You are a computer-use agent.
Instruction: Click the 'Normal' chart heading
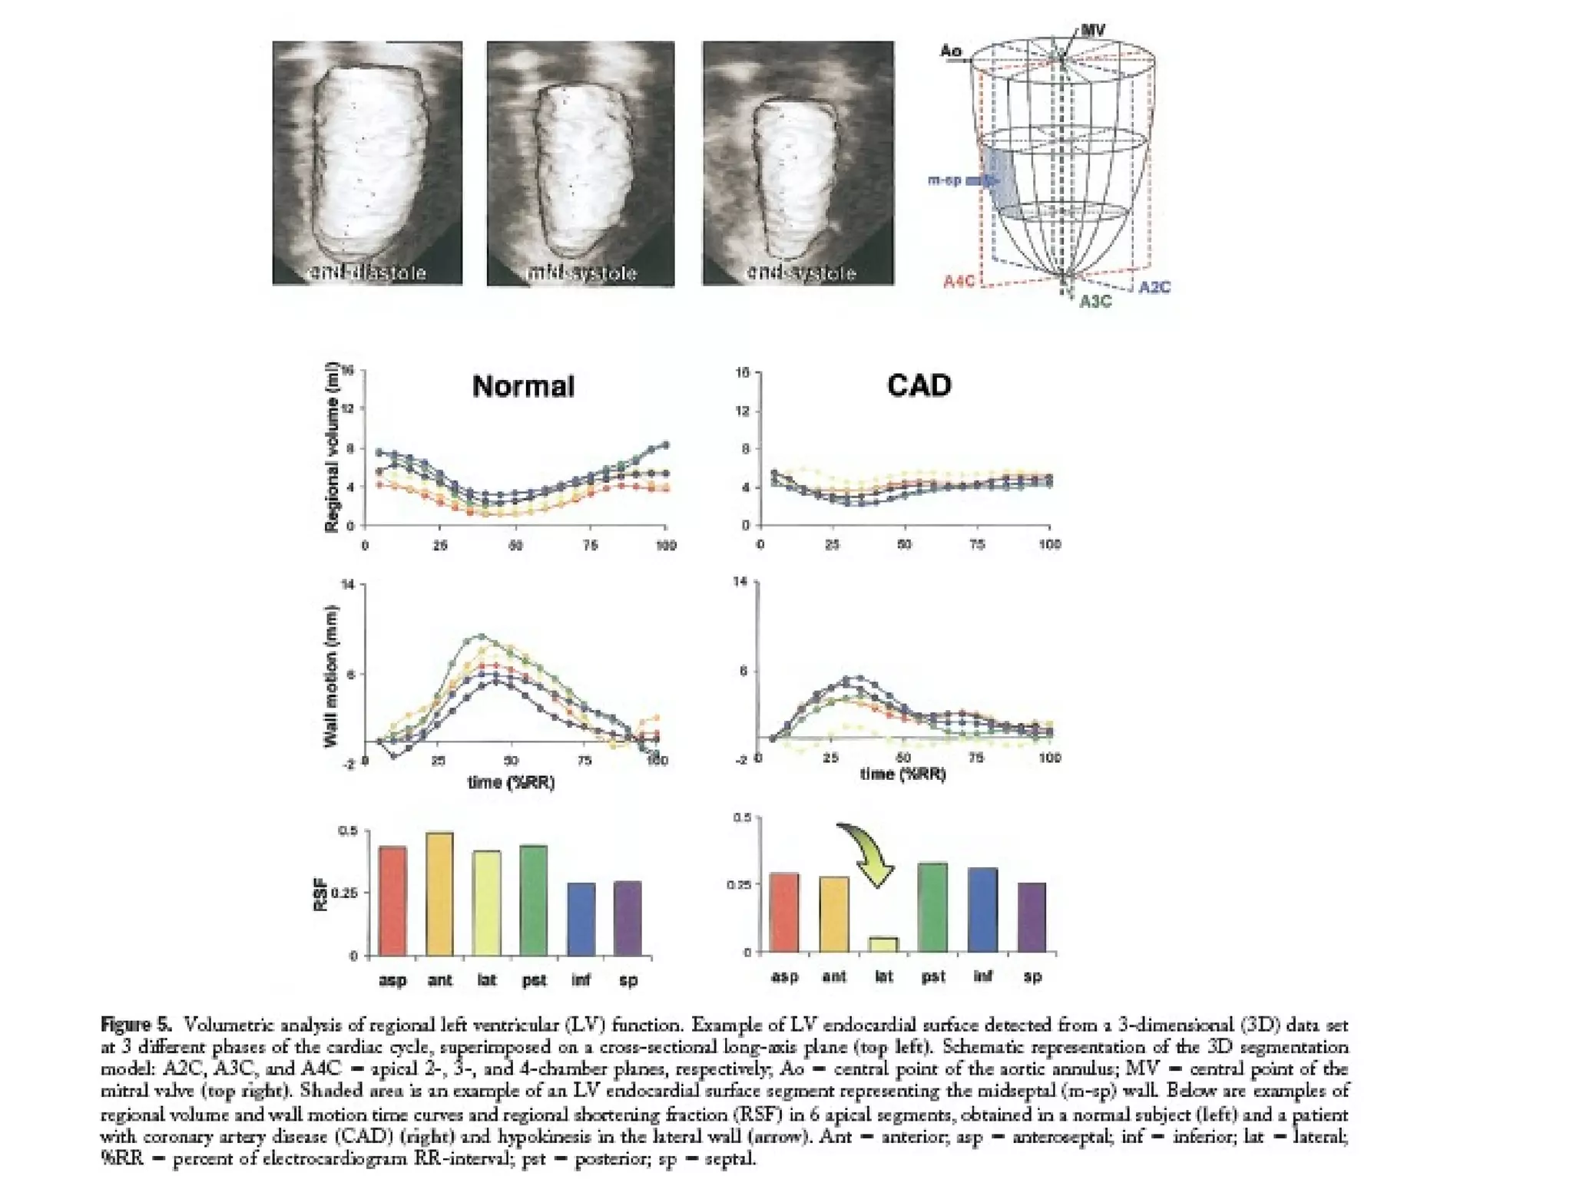523,386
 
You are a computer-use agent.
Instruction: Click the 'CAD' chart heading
919,385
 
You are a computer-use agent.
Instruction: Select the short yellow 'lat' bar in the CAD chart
884,944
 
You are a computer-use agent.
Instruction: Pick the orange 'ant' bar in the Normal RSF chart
439,894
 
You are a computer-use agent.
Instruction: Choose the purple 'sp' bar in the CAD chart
1032,917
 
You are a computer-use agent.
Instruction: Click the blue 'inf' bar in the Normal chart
581,919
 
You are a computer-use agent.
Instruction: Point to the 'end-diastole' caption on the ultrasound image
367,272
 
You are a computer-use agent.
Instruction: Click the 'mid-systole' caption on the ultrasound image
581,272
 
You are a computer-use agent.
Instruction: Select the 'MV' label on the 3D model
1092,31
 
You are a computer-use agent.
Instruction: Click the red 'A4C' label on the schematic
959,282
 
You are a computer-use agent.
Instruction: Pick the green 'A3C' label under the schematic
1095,302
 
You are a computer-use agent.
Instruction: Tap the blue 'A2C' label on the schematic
1154,287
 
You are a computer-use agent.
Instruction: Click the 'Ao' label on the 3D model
951,51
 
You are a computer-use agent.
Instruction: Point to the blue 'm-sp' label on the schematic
945,180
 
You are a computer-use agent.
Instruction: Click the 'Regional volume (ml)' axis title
332,447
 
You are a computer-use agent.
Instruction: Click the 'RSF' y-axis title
321,894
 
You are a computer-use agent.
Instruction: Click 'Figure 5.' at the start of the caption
137,1025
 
